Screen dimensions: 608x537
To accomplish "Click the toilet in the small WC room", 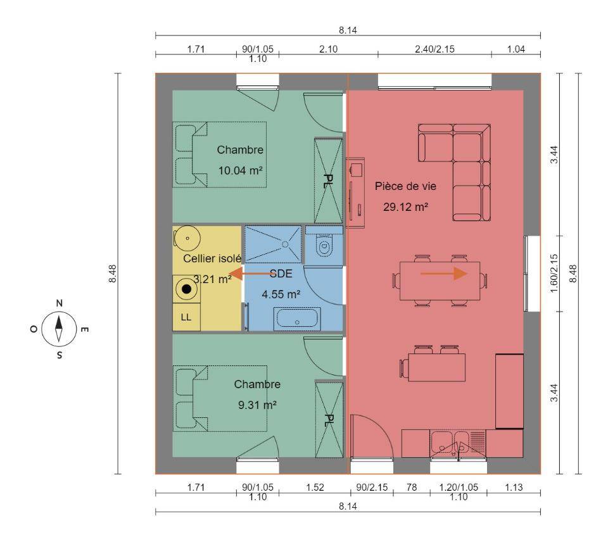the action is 324,246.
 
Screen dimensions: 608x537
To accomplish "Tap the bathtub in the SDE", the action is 297,319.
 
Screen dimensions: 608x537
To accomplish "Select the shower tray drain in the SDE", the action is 285,244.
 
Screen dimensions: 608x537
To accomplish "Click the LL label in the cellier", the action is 186,317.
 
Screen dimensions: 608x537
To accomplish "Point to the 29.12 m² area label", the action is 405,207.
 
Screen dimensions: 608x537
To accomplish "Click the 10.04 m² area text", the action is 241,170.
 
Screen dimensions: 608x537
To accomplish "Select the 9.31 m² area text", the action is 257,405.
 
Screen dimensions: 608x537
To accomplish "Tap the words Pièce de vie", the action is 405,187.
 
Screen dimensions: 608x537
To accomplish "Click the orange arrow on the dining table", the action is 444,274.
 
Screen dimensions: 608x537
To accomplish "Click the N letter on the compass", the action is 60,303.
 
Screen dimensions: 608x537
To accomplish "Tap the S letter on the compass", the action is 60,355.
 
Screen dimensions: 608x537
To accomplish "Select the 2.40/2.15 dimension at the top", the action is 434,49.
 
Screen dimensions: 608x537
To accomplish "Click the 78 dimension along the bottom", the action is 412,488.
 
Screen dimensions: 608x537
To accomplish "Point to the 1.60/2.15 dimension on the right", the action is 554,274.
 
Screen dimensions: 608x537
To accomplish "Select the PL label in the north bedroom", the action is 328,181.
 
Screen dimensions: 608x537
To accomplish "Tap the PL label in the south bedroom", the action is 329,420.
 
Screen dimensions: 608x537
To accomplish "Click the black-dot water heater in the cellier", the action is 186,289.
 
